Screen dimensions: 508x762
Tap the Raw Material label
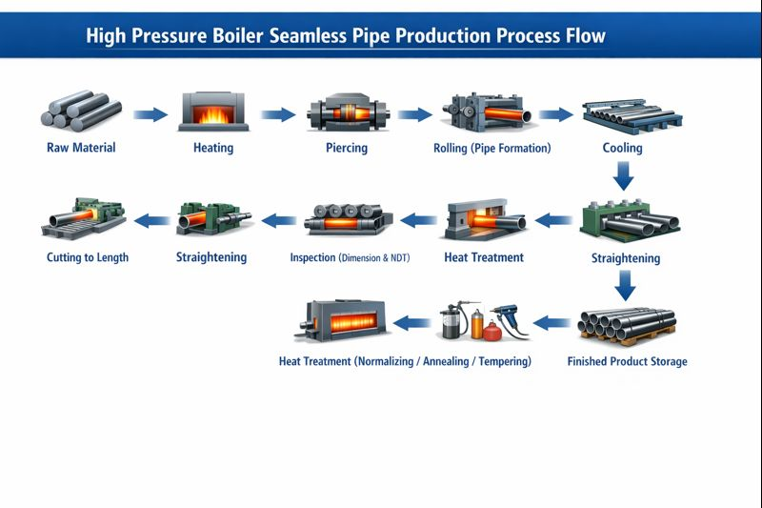pyautogui.click(x=81, y=148)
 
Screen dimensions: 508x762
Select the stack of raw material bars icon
pyautogui.click(x=75, y=111)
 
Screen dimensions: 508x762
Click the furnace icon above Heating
pyautogui.click(x=214, y=112)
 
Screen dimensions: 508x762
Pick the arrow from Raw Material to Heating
pyautogui.click(x=150, y=115)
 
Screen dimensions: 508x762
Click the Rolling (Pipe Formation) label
pyautogui.click(x=492, y=148)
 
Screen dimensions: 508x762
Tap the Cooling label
pyautogui.click(x=622, y=148)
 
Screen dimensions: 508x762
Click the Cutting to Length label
pyautogui.click(x=88, y=257)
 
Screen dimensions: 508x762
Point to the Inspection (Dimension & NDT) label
pyautogui.click(x=350, y=257)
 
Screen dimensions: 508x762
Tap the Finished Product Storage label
pyautogui.click(x=627, y=361)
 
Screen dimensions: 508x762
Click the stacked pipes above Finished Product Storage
pyautogui.click(x=627, y=326)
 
